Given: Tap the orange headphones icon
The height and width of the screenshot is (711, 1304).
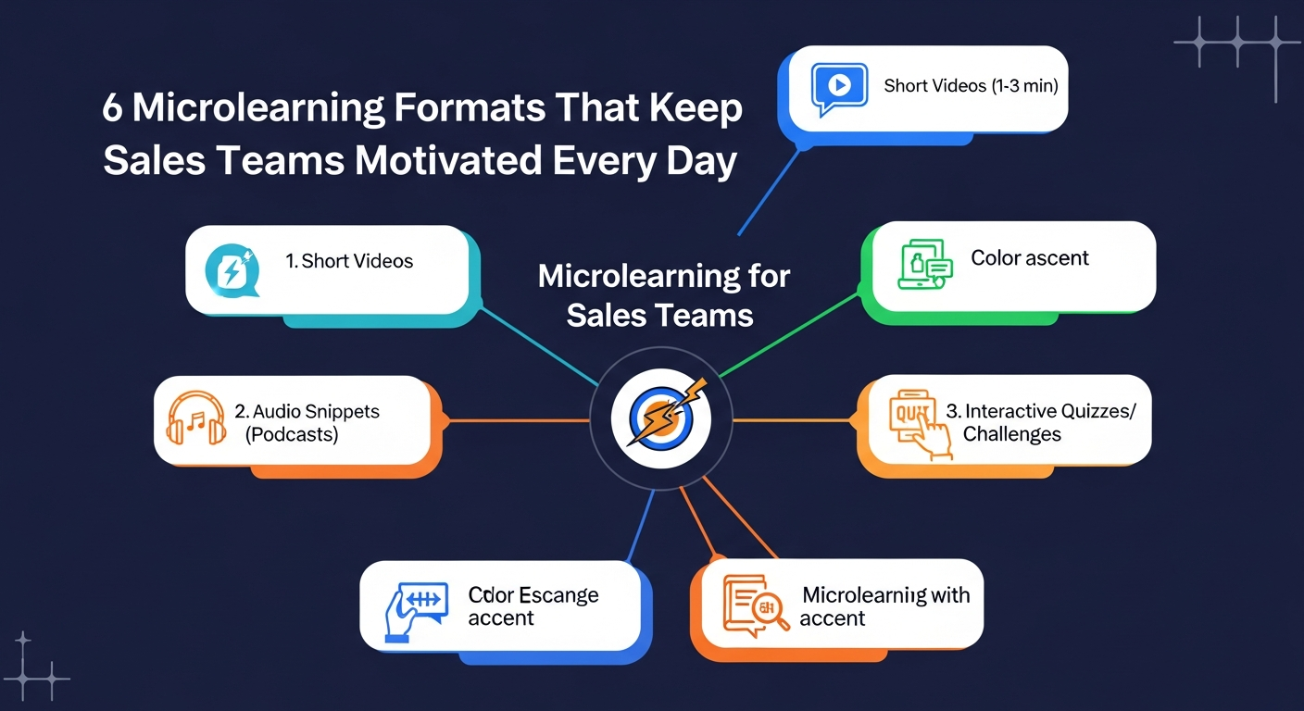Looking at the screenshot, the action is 196,418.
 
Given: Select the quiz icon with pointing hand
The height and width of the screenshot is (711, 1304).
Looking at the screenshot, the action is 920,424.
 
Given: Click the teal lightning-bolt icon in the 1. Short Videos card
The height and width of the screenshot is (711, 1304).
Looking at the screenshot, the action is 232,271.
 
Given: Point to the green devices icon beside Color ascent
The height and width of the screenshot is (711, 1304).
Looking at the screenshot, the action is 925,265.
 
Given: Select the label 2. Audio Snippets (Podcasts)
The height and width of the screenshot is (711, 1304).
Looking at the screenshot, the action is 307,423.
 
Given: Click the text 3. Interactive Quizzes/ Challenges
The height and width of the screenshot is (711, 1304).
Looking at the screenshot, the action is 1041,422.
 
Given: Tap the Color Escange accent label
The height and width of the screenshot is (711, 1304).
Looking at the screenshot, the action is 533,606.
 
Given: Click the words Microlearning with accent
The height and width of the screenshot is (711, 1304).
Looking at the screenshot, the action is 884,606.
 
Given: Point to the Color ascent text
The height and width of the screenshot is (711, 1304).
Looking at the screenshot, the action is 1030,257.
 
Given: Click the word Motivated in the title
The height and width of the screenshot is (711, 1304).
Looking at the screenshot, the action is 449,160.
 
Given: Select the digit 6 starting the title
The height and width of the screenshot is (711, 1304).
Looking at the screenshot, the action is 112,107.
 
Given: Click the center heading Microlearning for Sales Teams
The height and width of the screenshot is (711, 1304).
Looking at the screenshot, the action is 663,295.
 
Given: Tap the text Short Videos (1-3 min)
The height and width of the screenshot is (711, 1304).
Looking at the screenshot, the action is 971,86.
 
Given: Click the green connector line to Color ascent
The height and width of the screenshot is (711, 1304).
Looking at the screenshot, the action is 790,336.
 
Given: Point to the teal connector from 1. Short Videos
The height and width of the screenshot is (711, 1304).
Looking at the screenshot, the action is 539,346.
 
